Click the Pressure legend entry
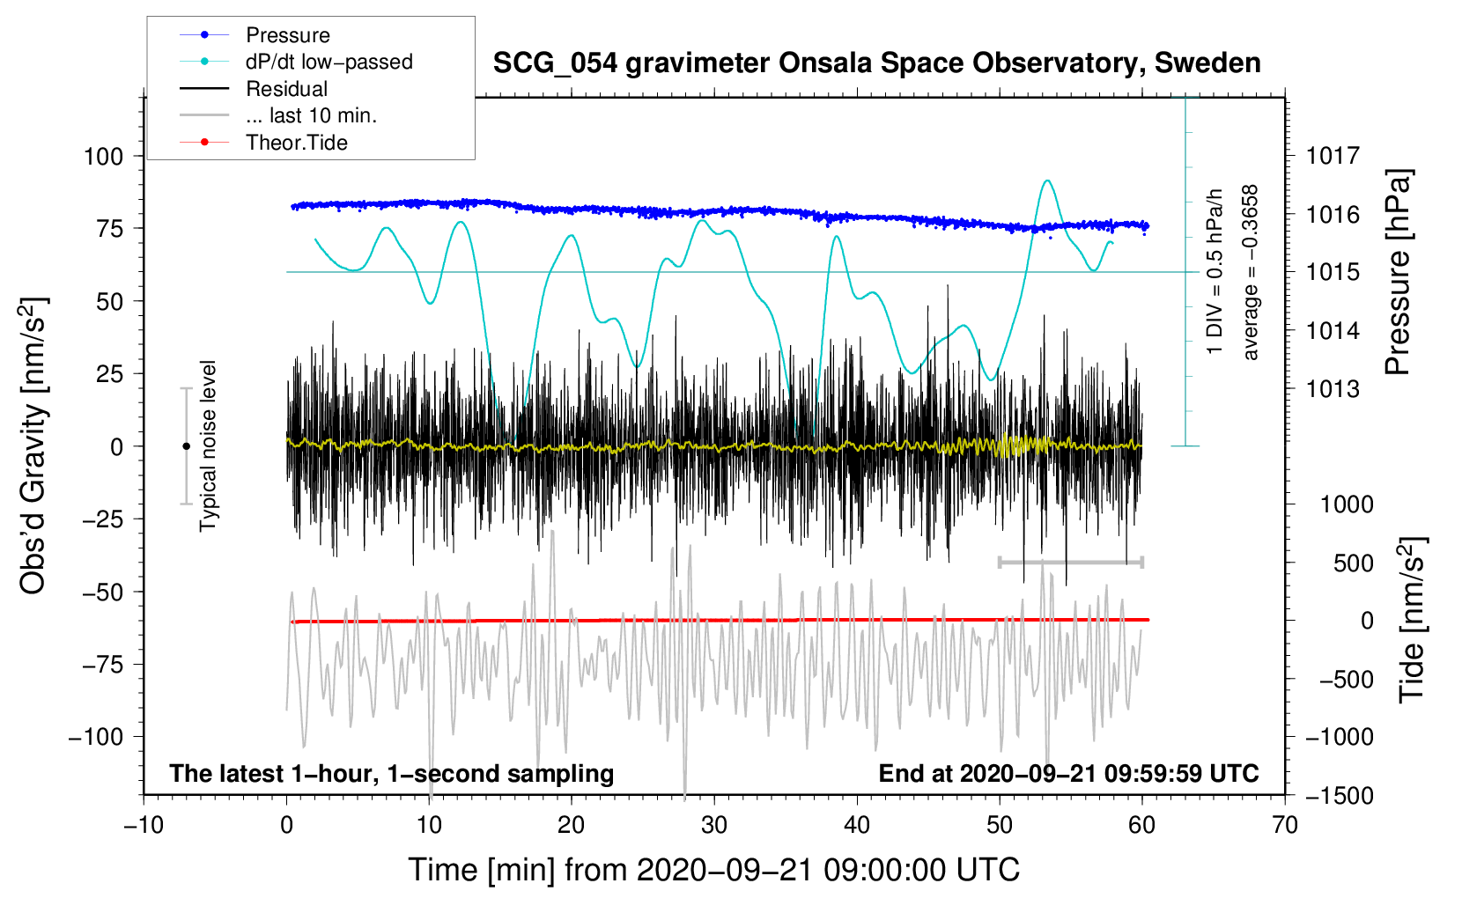click(287, 35)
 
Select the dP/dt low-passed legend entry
click(329, 62)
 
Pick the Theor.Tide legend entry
click(296, 143)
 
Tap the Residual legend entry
click(286, 89)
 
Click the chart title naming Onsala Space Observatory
click(876, 63)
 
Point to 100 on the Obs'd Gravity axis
click(103, 157)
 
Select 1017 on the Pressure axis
click(1333, 157)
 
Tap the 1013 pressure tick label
click(1333, 389)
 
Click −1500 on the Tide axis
click(1339, 796)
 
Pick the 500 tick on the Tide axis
click(1353, 563)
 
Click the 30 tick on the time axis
click(714, 825)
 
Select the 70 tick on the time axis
click(1285, 825)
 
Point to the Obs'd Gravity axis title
click(33, 446)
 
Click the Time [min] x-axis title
click(713, 870)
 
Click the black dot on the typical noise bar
click(186, 446)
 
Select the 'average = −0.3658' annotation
click(1251, 273)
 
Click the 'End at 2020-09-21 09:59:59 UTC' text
click(1068, 774)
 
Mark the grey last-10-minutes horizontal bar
click(1070, 562)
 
